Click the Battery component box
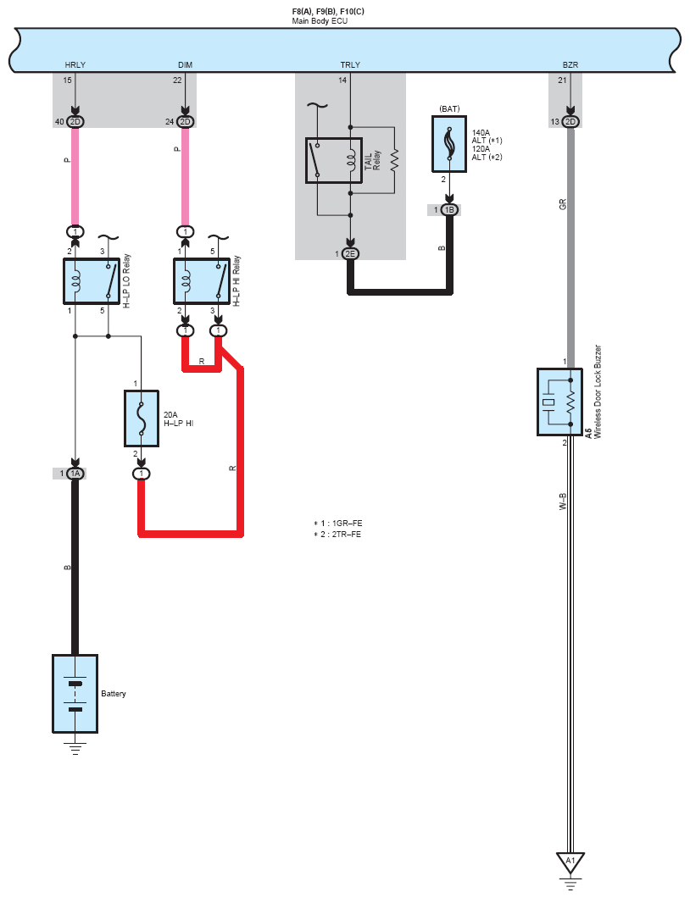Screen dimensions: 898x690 75,694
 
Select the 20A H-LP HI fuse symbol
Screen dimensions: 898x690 142,419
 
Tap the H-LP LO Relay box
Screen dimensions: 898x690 92,281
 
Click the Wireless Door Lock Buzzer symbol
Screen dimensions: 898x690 559,402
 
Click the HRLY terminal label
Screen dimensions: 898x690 75,65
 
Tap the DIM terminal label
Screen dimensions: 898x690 185,65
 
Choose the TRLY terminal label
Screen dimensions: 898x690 350,65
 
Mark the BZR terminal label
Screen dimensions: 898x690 570,65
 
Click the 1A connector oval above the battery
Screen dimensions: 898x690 75,474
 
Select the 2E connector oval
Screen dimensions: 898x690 350,254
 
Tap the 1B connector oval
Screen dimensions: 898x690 449,209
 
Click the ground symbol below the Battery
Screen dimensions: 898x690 75,747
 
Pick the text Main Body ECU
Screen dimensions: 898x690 320,20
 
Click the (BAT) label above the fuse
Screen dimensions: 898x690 449,108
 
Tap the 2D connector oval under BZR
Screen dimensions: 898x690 570,122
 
